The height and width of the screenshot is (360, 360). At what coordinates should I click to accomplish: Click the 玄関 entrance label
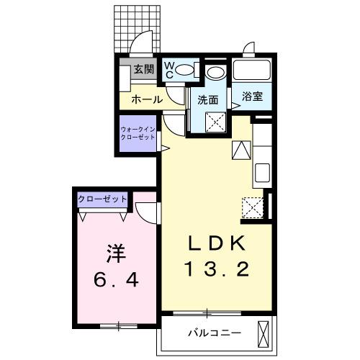coord(144,69)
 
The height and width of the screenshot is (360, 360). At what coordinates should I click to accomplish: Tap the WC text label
coord(169,70)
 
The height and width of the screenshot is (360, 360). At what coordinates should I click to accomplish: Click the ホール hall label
coord(146,100)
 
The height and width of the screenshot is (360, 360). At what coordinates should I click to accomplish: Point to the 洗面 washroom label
coord(208,100)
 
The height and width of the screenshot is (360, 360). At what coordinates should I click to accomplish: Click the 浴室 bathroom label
coord(252,96)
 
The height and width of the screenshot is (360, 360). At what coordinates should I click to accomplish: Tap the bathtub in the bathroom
coord(252,71)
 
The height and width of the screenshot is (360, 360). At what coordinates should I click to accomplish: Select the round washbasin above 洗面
coord(215,73)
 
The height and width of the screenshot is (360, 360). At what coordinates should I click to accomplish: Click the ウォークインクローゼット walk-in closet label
coord(138,132)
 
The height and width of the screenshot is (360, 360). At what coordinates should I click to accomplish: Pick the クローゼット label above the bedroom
coord(102,198)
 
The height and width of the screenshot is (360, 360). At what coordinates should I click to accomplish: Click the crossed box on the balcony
coord(264,333)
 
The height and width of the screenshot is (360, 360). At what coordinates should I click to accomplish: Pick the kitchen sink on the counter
coord(262,174)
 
